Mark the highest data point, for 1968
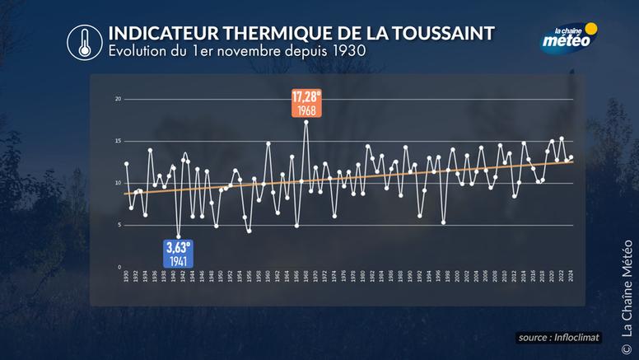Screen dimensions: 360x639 (306, 122)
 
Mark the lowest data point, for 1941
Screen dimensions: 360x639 (178, 236)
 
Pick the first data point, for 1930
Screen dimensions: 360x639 (126, 164)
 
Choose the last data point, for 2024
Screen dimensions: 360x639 (571, 157)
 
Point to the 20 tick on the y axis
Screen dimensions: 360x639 (118, 99)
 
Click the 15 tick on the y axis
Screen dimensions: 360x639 (118, 141)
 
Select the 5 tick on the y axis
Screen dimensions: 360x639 (119, 225)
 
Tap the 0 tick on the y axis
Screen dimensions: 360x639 (119, 267)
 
